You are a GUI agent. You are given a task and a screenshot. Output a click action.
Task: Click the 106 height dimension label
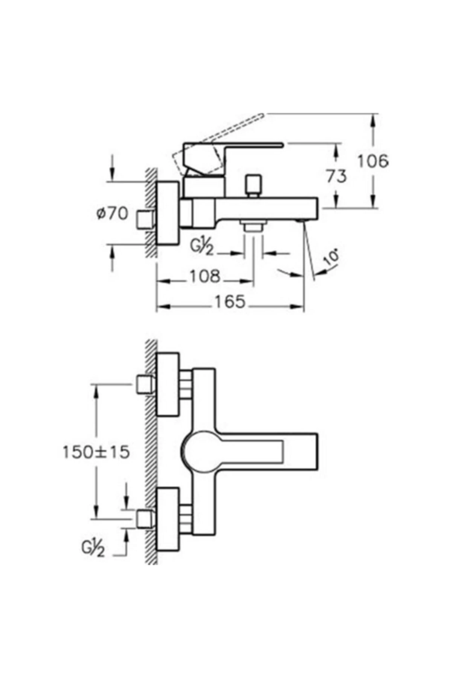(372, 162)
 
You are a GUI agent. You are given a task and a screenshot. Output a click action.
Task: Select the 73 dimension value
(336, 176)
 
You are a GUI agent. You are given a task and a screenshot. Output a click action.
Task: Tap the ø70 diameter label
(112, 214)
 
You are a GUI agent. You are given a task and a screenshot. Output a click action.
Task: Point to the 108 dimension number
(204, 276)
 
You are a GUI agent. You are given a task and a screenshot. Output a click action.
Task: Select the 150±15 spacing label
(96, 452)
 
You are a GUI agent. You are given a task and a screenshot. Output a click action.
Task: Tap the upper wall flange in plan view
(168, 385)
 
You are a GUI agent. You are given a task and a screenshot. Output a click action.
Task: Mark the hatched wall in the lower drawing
(151, 452)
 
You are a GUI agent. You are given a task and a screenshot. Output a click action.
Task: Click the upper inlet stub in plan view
(144, 385)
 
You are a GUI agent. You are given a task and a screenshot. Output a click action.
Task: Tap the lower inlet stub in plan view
(144, 519)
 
